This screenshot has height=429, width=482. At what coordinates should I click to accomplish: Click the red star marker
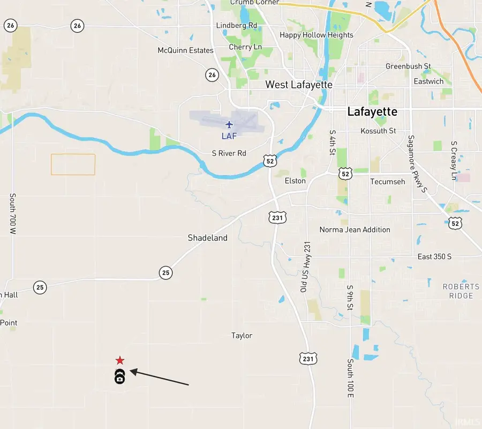click(x=120, y=360)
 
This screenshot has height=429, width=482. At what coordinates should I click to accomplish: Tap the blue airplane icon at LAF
click(x=230, y=125)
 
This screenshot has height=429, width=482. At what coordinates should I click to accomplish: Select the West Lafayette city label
click(x=299, y=85)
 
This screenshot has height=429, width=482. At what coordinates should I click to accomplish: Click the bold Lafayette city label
click(x=372, y=111)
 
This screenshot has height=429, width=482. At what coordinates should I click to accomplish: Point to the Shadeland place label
click(x=207, y=238)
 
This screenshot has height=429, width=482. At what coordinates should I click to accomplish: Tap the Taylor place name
click(x=242, y=336)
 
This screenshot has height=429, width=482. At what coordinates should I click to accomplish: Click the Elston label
click(x=295, y=180)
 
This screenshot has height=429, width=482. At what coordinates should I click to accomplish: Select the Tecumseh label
click(x=388, y=182)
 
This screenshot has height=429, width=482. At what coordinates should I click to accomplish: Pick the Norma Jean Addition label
click(x=355, y=230)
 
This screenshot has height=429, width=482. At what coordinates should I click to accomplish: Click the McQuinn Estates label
click(x=185, y=50)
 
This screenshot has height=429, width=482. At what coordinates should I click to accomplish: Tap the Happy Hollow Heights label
click(x=317, y=35)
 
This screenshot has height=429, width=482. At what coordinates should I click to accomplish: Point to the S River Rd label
click(x=229, y=153)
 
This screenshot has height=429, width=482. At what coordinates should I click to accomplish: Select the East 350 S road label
click(x=434, y=257)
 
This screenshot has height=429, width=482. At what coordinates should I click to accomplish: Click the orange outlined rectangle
click(x=73, y=164)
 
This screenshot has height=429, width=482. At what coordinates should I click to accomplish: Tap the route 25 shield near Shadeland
click(x=166, y=273)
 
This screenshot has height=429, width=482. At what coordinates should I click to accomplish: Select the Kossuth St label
click(x=378, y=131)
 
